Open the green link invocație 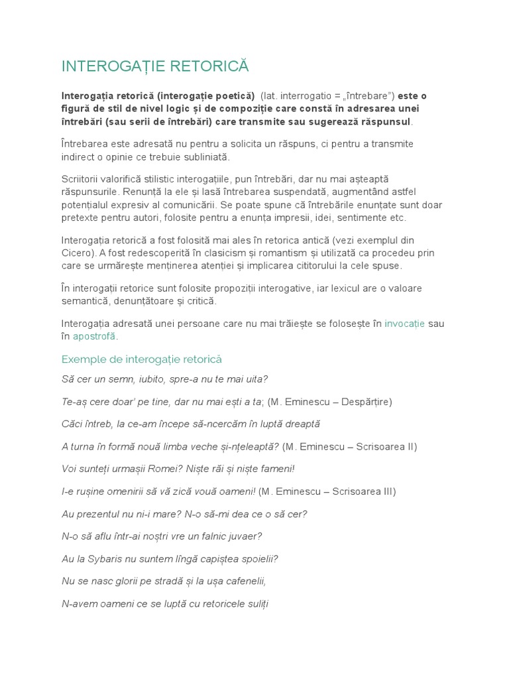coord(404,323)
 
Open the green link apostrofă coord(94,336)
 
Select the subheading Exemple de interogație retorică coord(141,359)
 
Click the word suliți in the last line coord(254,604)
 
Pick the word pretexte coord(83,217)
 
